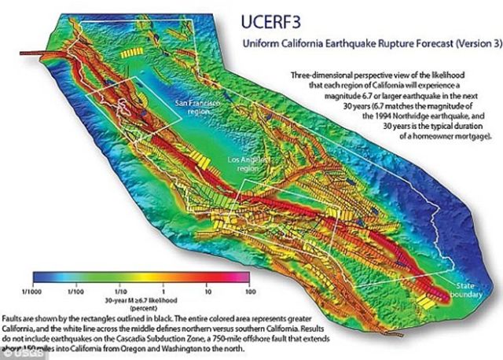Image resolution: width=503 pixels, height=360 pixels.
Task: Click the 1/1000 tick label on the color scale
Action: (x=33, y=288)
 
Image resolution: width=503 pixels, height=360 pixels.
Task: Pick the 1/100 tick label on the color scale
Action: (x=75, y=288)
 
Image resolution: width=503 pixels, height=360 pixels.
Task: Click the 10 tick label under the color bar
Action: (x=205, y=288)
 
